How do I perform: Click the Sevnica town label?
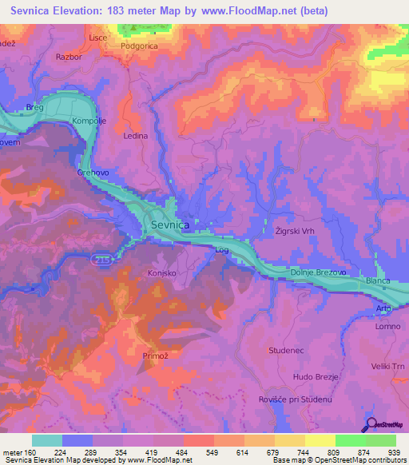[x=169, y=226]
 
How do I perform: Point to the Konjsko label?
[x=162, y=272]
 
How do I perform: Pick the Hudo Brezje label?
[x=317, y=376]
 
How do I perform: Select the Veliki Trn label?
[x=389, y=366]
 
